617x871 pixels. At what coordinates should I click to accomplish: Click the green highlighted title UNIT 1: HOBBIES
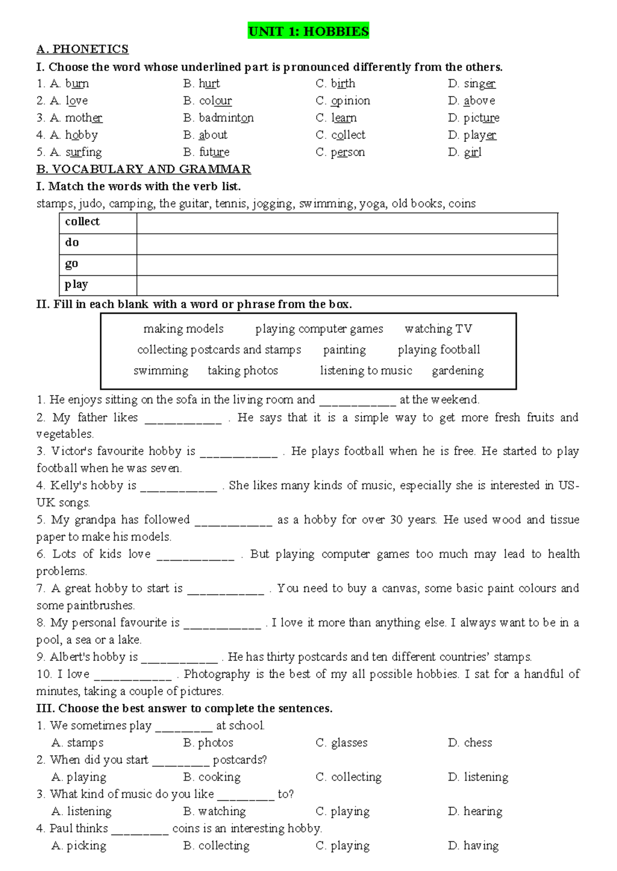(x=308, y=31)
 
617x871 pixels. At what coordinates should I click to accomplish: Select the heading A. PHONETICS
(x=82, y=49)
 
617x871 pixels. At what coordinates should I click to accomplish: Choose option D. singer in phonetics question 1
(x=471, y=84)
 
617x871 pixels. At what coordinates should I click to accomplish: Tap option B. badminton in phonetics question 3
(x=218, y=118)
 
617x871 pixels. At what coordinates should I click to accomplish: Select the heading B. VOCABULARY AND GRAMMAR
(x=143, y=169)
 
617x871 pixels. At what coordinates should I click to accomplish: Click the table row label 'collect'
(x=82, y=222)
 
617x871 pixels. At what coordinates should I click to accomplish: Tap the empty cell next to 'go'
(x=347, y=265)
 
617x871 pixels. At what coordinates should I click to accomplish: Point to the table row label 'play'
(x=77, y=285)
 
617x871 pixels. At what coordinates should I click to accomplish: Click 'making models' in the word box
(x=184, y=329)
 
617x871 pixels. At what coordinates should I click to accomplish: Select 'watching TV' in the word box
(x=438, y=329)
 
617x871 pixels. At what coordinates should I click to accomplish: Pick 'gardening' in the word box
(x=458, y=371)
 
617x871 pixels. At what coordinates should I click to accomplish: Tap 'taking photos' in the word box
(x=243, y=371)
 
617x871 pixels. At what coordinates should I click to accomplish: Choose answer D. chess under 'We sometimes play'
(x=470, y=743)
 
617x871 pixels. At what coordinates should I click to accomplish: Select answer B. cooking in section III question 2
(x=212, y=777)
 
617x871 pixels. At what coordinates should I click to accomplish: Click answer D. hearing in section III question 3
(x=475, y=812)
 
